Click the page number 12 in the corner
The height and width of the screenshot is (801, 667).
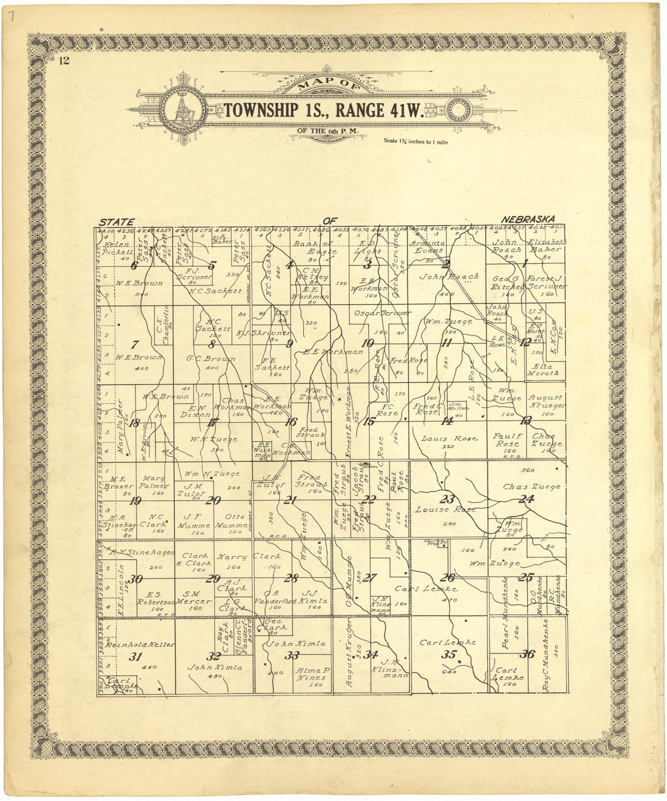[64, 59]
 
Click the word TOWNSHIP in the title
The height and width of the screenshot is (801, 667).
[261, 110]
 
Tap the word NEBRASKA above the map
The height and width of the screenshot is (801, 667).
[528, 219]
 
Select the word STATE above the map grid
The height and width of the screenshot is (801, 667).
[116, 222]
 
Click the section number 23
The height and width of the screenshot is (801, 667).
[447, 499]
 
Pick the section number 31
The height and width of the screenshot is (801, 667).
[135, 656]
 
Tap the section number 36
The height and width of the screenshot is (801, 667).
[527, 654]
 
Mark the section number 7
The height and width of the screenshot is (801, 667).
[135, 344]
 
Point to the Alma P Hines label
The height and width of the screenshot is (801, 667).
[312, 674]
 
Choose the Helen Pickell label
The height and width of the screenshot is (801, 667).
[118, 248]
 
